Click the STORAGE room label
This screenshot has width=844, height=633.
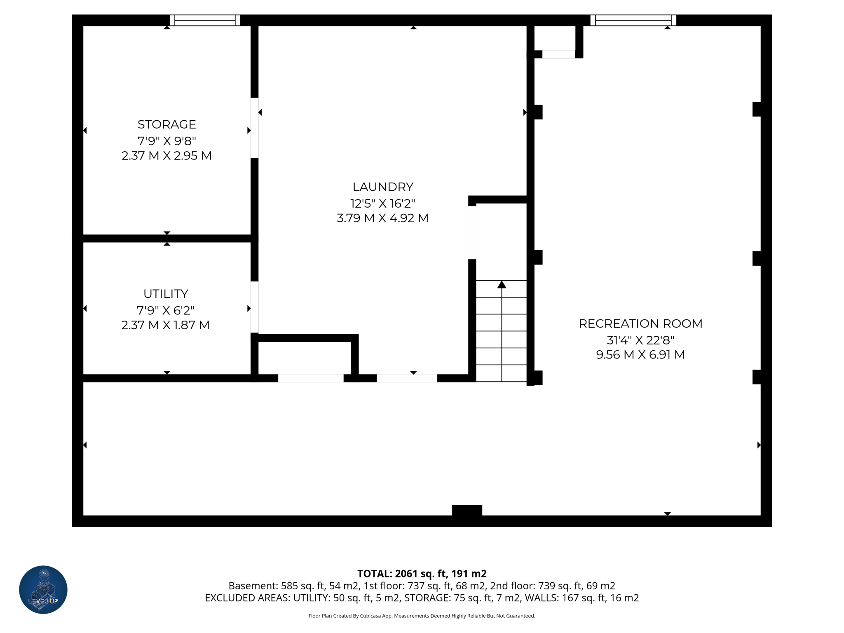pos(166,124)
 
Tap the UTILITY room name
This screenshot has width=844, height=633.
pos(166,294)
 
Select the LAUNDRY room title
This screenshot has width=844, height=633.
pos(383,187)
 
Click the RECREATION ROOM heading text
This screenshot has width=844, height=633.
pos(640,324)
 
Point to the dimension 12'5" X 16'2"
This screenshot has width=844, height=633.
pos(383,203)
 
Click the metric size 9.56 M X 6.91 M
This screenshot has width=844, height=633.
pos(640,355)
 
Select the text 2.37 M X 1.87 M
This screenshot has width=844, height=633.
pos(166,325)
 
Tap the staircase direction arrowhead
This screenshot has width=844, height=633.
pos(502,284)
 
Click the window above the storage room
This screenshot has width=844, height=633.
pos(205,20)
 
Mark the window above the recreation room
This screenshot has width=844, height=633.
pos(633,20)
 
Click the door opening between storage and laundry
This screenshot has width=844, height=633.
pos(255,128)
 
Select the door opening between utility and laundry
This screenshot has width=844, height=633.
pos(255,307)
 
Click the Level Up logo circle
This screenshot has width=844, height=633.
pos(43,589)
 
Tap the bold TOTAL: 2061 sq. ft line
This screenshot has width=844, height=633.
pos(422,574)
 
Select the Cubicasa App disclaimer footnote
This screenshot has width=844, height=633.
pos(422,616)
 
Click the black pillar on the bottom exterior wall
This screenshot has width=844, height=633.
pos(467,510)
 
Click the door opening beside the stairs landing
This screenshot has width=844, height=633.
pos(472,233)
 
